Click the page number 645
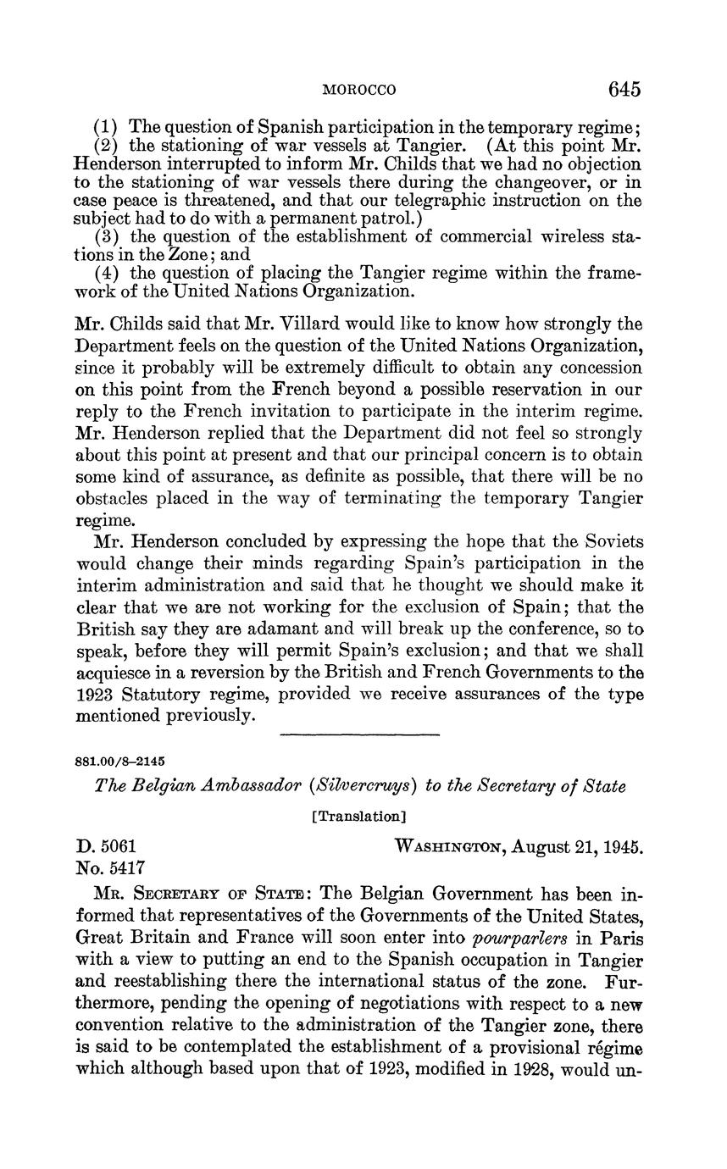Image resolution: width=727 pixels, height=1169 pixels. point(623,90)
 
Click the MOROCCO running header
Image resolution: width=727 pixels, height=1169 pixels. point(361,90)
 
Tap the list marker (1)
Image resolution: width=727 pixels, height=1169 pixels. point(106,127)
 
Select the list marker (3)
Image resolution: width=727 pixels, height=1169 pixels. point(106,236)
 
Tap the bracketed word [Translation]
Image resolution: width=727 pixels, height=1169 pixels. point(359,817)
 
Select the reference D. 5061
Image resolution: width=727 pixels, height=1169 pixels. point(107,845)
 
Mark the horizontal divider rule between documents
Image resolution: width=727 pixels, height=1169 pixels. point(359,733)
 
